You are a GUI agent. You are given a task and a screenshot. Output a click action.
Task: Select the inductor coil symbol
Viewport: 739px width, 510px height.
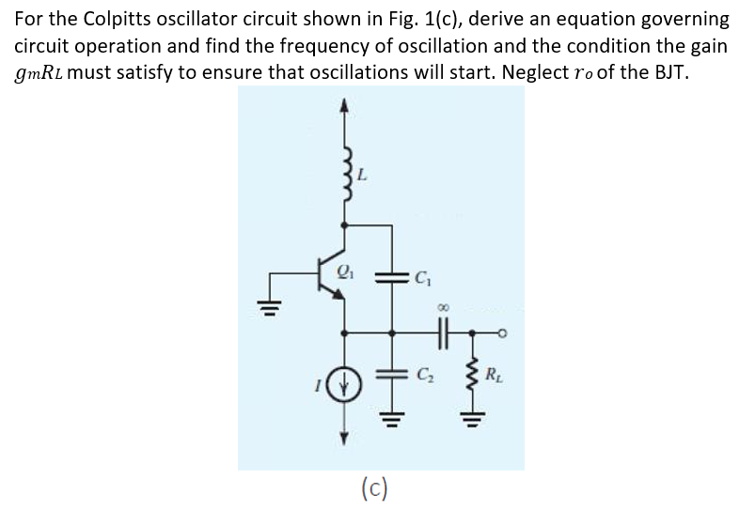[x=346, y=169]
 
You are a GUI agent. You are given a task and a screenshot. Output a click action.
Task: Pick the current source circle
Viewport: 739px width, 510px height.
[x=345, y=382]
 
